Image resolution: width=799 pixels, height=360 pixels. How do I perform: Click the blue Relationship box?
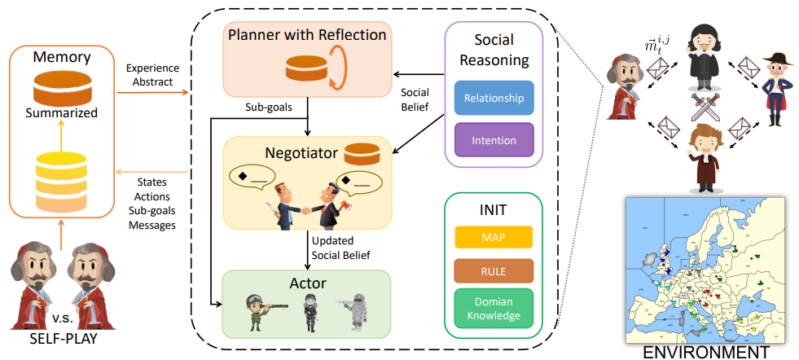click(494, 98)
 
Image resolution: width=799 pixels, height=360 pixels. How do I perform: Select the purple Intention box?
click(494, 140)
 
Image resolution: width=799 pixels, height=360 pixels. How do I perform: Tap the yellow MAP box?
click(494, 238)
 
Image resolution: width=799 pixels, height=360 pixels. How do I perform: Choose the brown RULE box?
click(494, 271)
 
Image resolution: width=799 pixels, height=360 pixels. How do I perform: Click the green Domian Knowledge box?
click(494, 309)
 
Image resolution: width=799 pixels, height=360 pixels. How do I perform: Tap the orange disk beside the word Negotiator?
click(362, 155)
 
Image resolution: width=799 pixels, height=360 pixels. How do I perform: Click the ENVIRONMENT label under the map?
click(705, 352)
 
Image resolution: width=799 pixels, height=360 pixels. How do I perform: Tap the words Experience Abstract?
click(152, 75)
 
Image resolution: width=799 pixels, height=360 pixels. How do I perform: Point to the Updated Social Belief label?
click(340, 248)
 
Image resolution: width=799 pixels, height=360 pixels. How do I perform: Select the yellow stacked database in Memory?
click(60, 182)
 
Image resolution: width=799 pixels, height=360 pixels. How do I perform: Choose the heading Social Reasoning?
click(494, 50)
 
